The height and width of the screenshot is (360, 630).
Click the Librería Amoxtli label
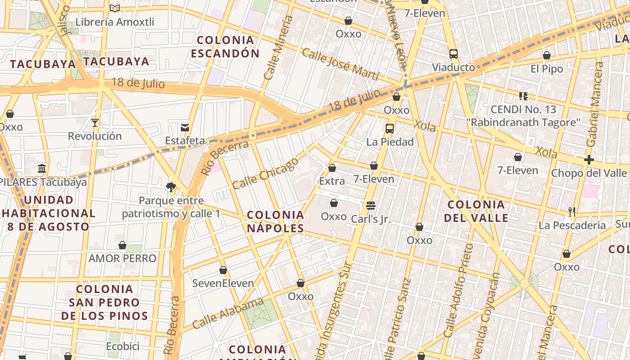(115, 22)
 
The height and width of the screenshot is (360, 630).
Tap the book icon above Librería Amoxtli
(115, 8)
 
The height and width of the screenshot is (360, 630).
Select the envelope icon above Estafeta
(184, 127)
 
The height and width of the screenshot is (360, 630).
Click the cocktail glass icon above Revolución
(95, 122)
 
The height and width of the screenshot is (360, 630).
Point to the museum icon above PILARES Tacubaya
(42, 169)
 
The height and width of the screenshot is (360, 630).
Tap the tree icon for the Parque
(171, 187)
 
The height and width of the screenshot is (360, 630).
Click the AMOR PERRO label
(122, 258)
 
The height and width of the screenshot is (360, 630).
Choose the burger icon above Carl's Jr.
(371, 206)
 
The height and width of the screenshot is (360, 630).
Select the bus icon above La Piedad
(390, 128)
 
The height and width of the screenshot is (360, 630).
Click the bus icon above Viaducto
(454, 54)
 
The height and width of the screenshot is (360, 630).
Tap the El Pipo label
(547, 69)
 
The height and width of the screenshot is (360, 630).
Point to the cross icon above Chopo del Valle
(589, 160)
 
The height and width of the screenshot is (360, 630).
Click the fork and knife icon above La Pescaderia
(572, 211)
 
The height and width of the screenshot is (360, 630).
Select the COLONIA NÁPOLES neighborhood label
(275, 221)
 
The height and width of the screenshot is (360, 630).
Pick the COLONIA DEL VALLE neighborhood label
(476, 211)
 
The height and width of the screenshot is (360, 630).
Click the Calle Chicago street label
(265, 173)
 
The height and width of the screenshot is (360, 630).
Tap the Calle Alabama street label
(228, 313)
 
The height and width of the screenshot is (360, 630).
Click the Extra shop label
(332, 181)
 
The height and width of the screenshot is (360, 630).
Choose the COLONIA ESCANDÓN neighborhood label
(225, 47)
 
